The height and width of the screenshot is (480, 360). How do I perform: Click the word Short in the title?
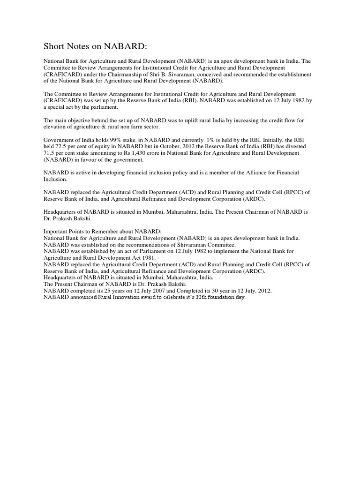[x=54, y=46]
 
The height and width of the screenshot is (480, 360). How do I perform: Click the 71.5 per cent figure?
[x=50, y=153]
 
